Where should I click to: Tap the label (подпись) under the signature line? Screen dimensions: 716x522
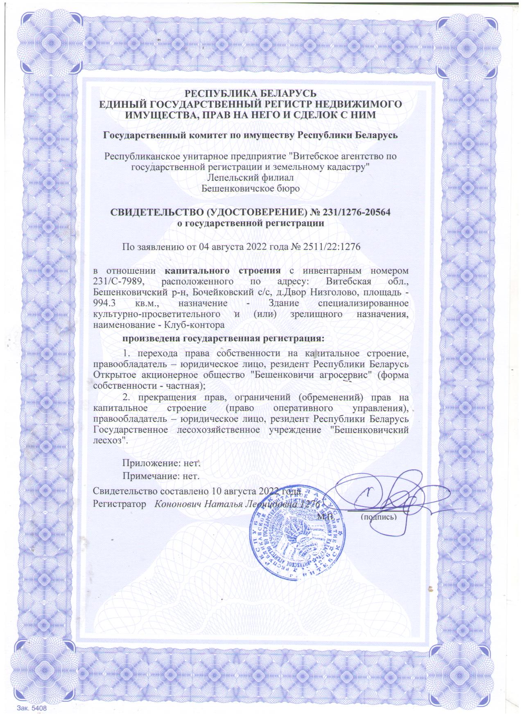[x=378, y=517]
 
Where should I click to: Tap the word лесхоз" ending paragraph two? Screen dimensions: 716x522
[x=111, y=442]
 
